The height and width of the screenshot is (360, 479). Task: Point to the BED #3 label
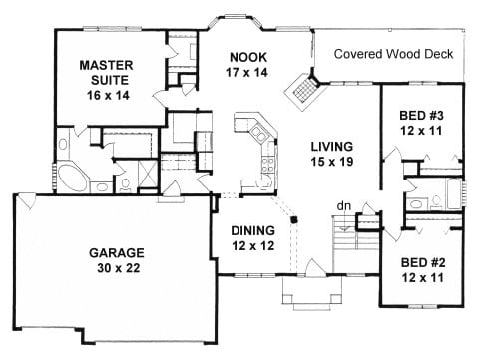pyautogui.click(x=419, y=113)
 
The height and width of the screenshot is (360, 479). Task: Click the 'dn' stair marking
pyautogui.click(x=343, y=208)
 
